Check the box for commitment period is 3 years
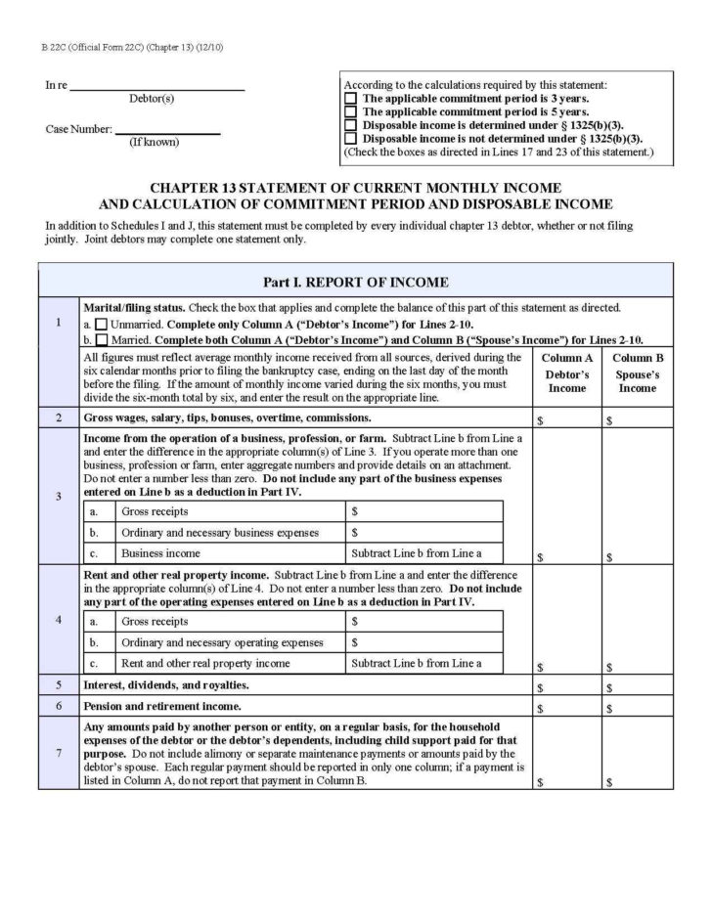coord(351,99)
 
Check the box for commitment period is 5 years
coord(351,112)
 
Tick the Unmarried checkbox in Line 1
coord(101,324)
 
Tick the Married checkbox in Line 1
coord(101,339)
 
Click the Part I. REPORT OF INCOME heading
coord(355,283)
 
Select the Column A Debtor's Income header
coord(567,373)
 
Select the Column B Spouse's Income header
coord(637,373)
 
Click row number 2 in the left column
coord(59,418)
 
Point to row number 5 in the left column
coord(59,685)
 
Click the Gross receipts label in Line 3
coord(155,511)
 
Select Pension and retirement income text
coord(162,705)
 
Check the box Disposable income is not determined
coord(351,139)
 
